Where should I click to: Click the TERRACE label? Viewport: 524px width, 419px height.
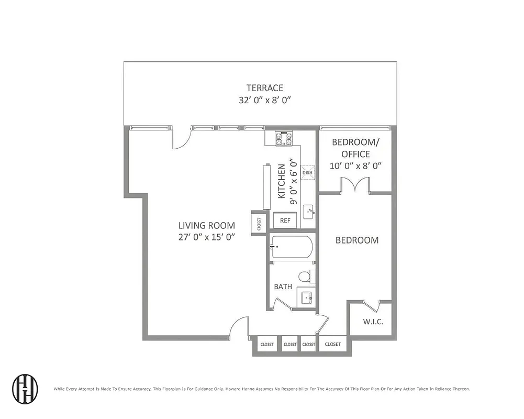pos(265,88)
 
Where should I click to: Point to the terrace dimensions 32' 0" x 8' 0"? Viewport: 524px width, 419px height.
pos(265,101)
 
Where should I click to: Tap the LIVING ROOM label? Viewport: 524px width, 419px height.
pos(206,226)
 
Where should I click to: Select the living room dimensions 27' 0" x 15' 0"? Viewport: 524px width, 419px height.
pos(206,237)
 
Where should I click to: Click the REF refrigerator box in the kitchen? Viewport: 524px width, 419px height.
pos(285,220)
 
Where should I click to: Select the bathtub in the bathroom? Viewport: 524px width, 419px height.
pos(292,247)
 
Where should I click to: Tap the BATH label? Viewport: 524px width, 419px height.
pos(283,287)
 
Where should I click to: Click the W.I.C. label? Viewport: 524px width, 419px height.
pos(373,322)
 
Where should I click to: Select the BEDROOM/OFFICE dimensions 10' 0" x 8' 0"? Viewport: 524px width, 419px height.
pos(355,166)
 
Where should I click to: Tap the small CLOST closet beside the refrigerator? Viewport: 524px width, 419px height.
pos(259,223)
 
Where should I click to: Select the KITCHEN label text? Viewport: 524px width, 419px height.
pos(282,181)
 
